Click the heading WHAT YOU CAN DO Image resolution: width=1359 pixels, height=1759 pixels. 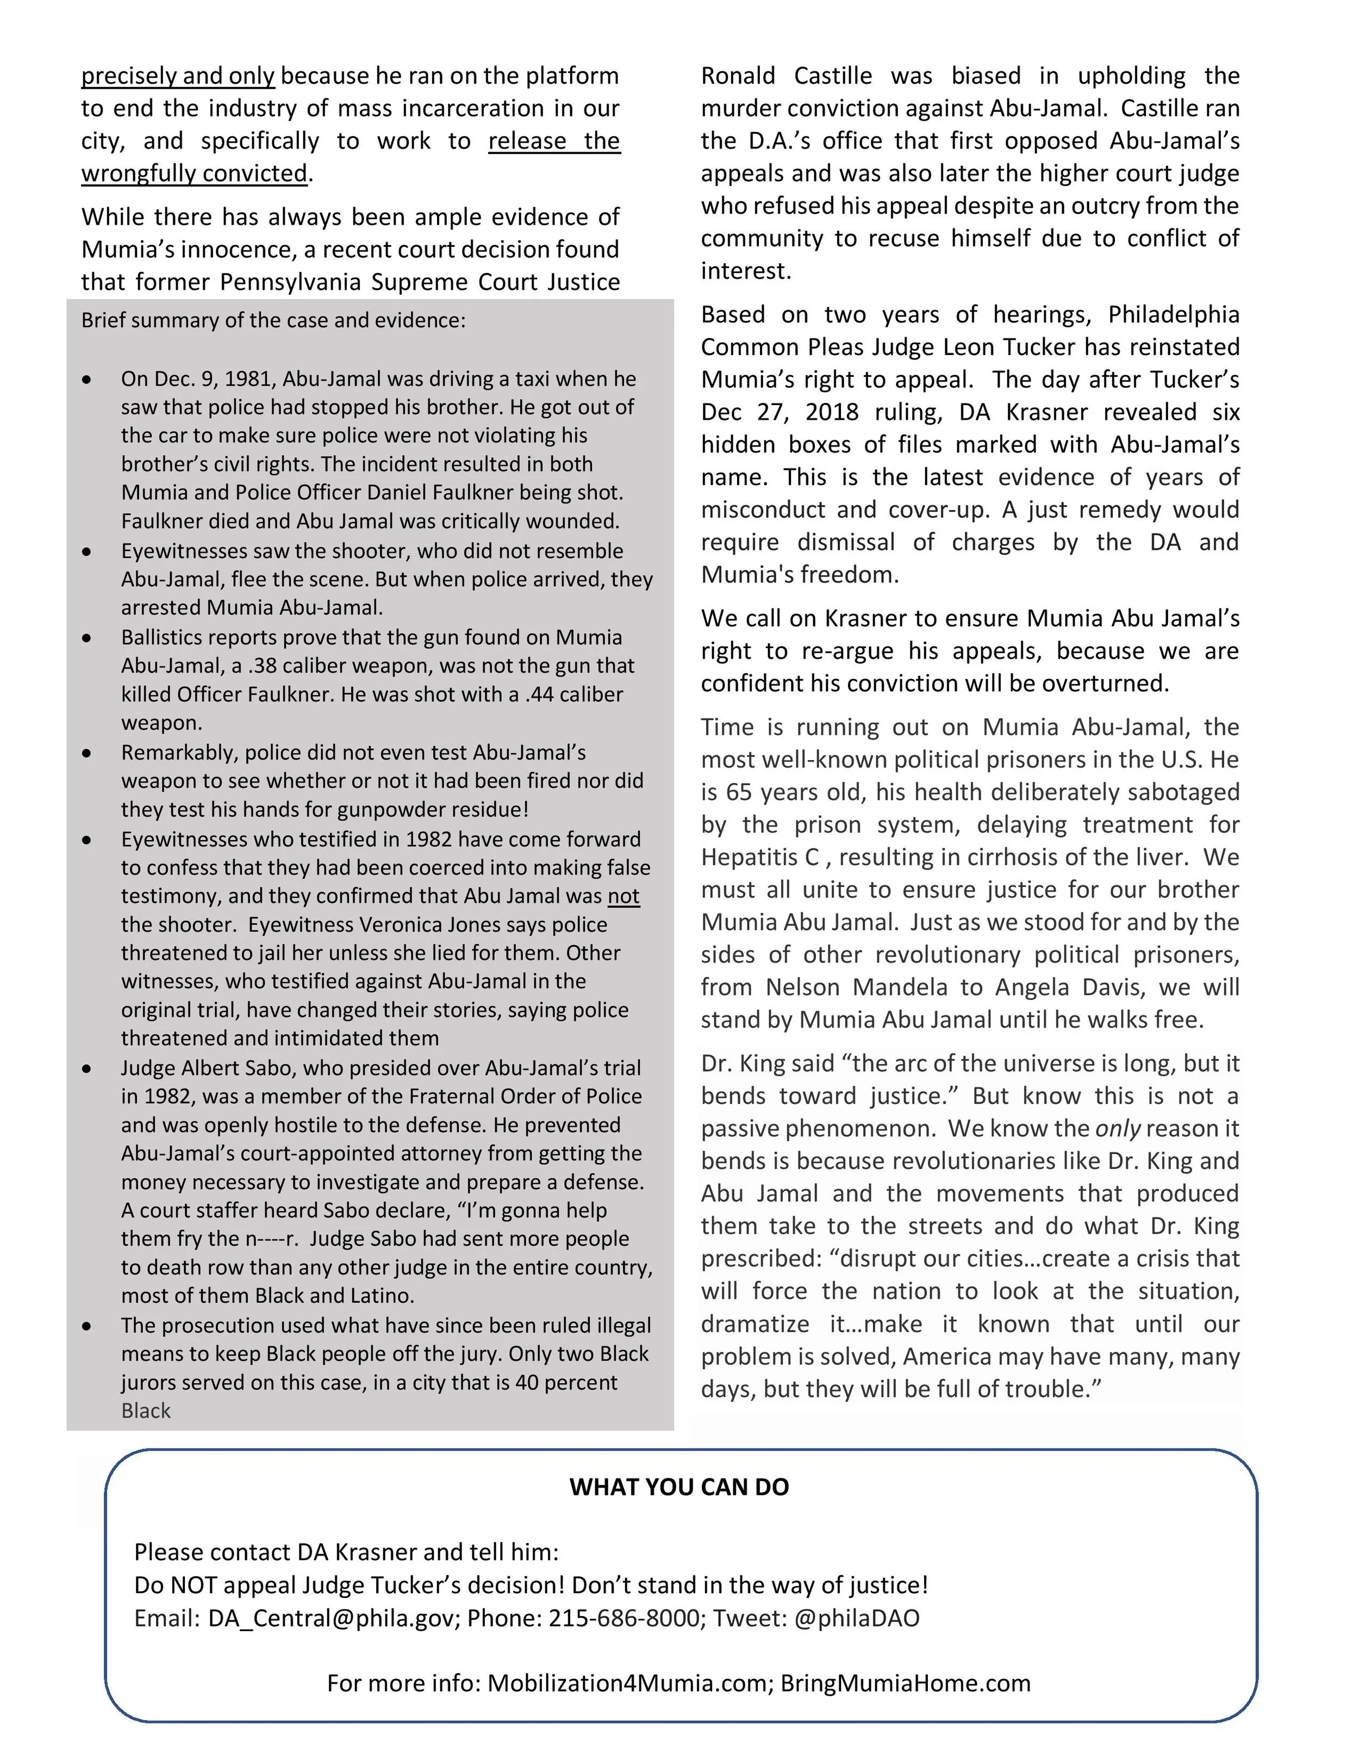[679, 1487]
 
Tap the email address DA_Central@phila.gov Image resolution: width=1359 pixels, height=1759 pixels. [330, 1618]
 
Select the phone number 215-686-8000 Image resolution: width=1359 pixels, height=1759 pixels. [624, 1618]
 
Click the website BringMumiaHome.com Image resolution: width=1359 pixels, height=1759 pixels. [905, 1683]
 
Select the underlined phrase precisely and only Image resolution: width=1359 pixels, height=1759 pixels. [178, 76]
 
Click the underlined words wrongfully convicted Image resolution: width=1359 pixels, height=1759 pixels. [194, 173]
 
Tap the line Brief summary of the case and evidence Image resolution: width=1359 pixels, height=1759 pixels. [273, 321]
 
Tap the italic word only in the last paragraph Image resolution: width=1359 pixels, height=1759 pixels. [1118, 1128]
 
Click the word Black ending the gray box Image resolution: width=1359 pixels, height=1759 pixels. [146, 1411]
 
